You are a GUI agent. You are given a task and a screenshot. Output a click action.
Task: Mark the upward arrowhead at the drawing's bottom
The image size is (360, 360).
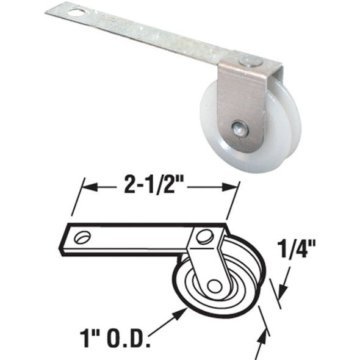(267, 333)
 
